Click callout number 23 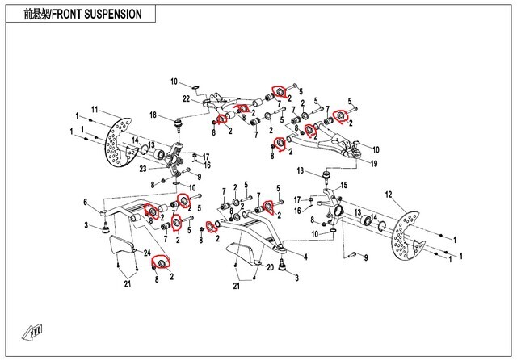point(142,168)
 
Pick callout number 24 point(148,253)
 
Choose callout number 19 point(374,164)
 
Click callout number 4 point(305,257)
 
